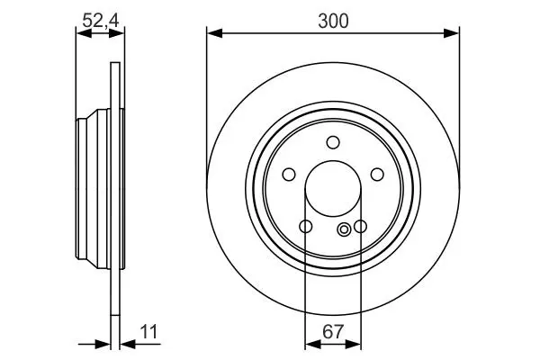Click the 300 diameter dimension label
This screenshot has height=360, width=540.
[333, 21]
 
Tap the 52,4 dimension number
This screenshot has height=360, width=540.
[101, 21]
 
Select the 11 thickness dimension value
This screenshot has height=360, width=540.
[148, 332]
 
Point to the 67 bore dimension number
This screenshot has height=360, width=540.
[333, 332]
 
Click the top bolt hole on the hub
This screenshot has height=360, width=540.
[333, 142]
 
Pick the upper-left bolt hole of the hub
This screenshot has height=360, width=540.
[289, 175]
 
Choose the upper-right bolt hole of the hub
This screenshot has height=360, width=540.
[377, 175]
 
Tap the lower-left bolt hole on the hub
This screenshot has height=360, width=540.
[306, 226]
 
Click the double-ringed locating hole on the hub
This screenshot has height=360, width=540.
[344, 229]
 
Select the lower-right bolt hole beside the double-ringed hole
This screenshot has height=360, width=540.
[360, 226]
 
